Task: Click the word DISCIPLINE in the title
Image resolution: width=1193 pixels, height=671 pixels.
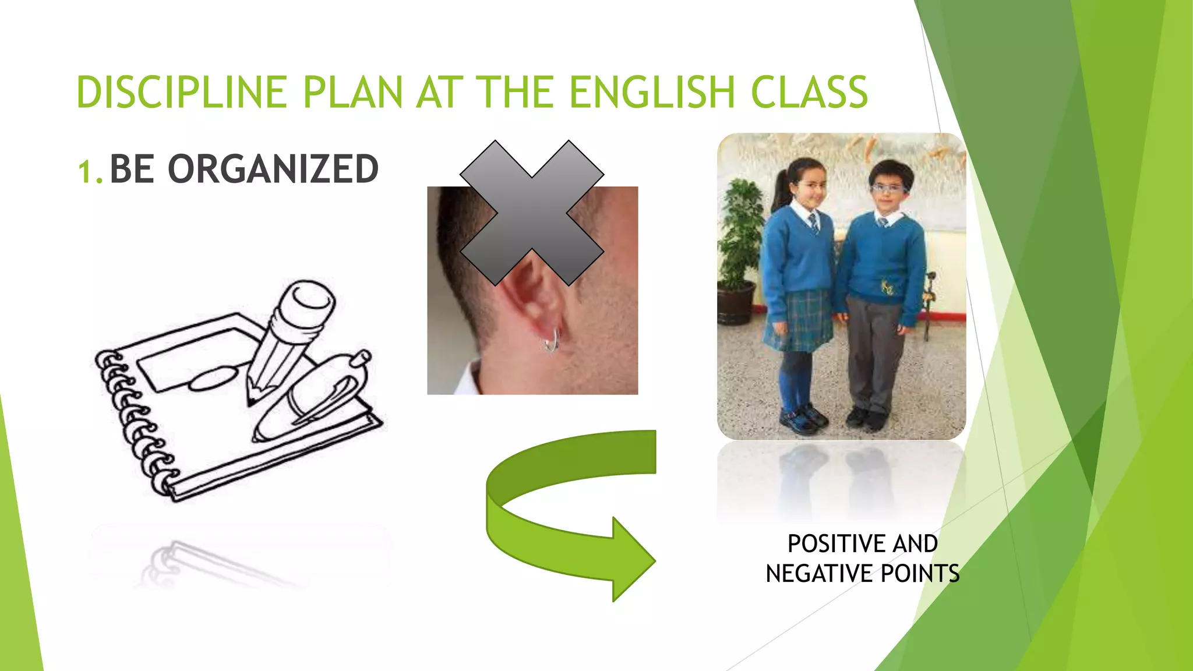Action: click(x=181, y=93)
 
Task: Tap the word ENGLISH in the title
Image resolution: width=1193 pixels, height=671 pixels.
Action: click(x=652, y=93)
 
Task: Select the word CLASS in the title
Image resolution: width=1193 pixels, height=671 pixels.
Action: click(x=809, y=93)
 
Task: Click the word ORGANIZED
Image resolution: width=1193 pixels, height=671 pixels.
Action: click(x=273, y=169)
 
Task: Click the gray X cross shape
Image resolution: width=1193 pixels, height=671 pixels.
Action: click(x=531, y=213)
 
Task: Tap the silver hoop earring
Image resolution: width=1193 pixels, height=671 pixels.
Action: click(x=550, y=341)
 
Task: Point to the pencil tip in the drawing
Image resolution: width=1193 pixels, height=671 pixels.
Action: click(x=252, y=396)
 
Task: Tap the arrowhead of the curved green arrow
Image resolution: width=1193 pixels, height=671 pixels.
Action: click(x=632, y=559)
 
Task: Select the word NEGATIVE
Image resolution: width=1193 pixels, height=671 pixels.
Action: click(x=819, y=574)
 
